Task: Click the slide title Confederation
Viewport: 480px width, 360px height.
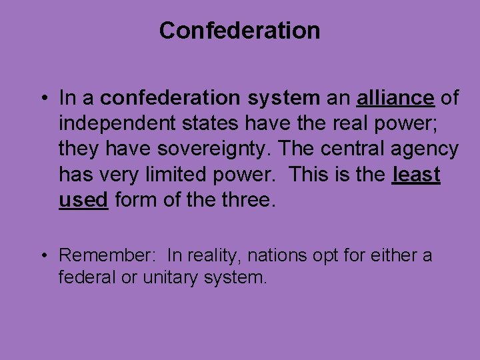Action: click(x=239, y=30)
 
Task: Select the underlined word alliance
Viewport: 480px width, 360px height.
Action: click(x=395, y=98)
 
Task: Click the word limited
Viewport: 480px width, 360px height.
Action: click(x=174, y=174)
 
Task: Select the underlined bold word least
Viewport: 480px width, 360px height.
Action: click(x=417, y=174)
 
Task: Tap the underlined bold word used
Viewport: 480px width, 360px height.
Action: click(x=83, y=199)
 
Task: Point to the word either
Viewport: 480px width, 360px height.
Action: click(x=390, y=255)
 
